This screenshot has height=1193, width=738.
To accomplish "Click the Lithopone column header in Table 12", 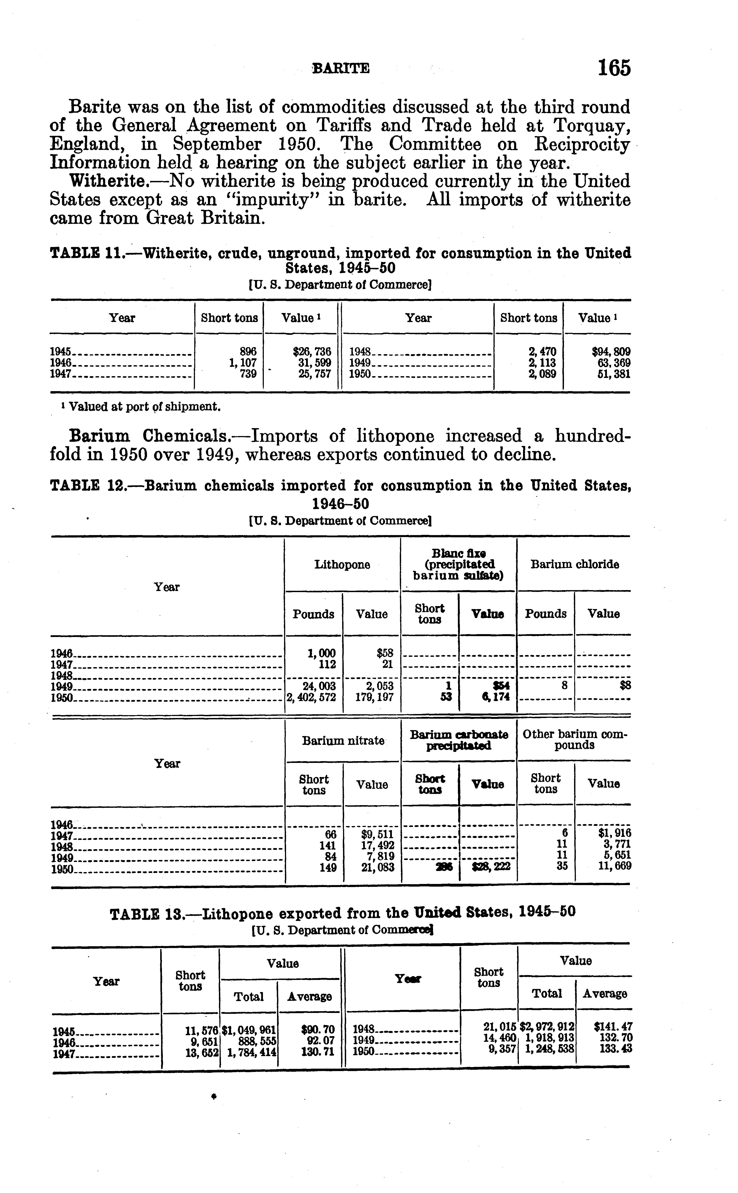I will point(342,565).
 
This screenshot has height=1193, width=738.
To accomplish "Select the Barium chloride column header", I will point(575,565).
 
